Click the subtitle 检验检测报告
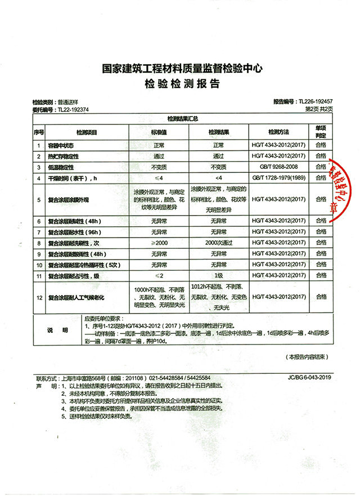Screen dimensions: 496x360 (180, 83)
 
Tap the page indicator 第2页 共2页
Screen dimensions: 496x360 (319, 110)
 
